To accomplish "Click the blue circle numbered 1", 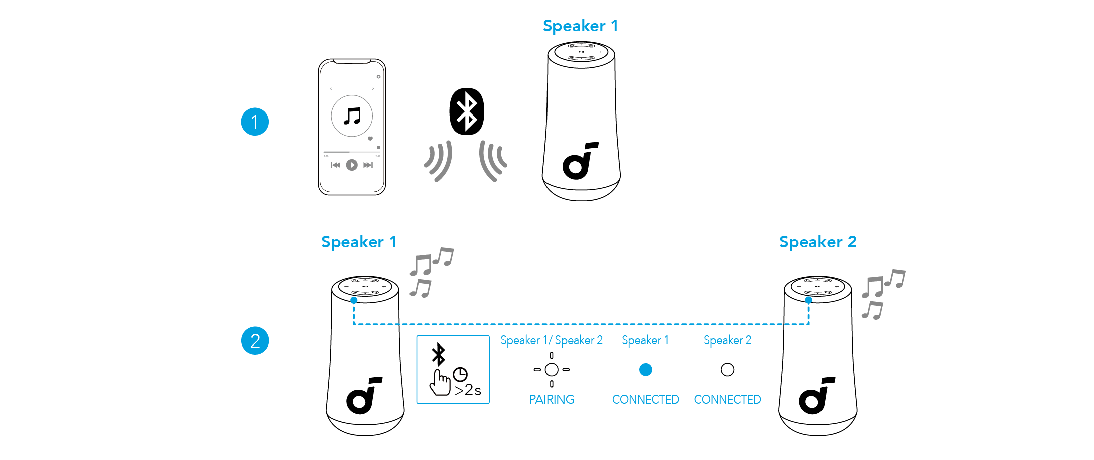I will [255, 122].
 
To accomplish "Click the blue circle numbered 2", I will [255, 340].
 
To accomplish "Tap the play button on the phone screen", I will [352, 165].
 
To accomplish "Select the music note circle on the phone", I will [352, 116].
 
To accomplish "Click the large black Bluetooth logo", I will [467, 111].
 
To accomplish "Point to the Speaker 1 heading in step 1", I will [580, 26].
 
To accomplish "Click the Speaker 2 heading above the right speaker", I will [817, 242].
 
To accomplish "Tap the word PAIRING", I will [552, 400].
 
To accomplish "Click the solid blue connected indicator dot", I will [645, 370].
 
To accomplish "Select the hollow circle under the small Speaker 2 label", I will [727, 370].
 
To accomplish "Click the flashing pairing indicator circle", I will [552, 370].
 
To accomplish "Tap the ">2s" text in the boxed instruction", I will [468, 390].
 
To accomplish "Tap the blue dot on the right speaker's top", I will [808, 300].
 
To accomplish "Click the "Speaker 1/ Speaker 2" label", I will [552, 340].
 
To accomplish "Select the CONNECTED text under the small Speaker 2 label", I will [727, 400].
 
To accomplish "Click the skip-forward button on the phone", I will [368, 165].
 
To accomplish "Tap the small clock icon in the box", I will [460, 374].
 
